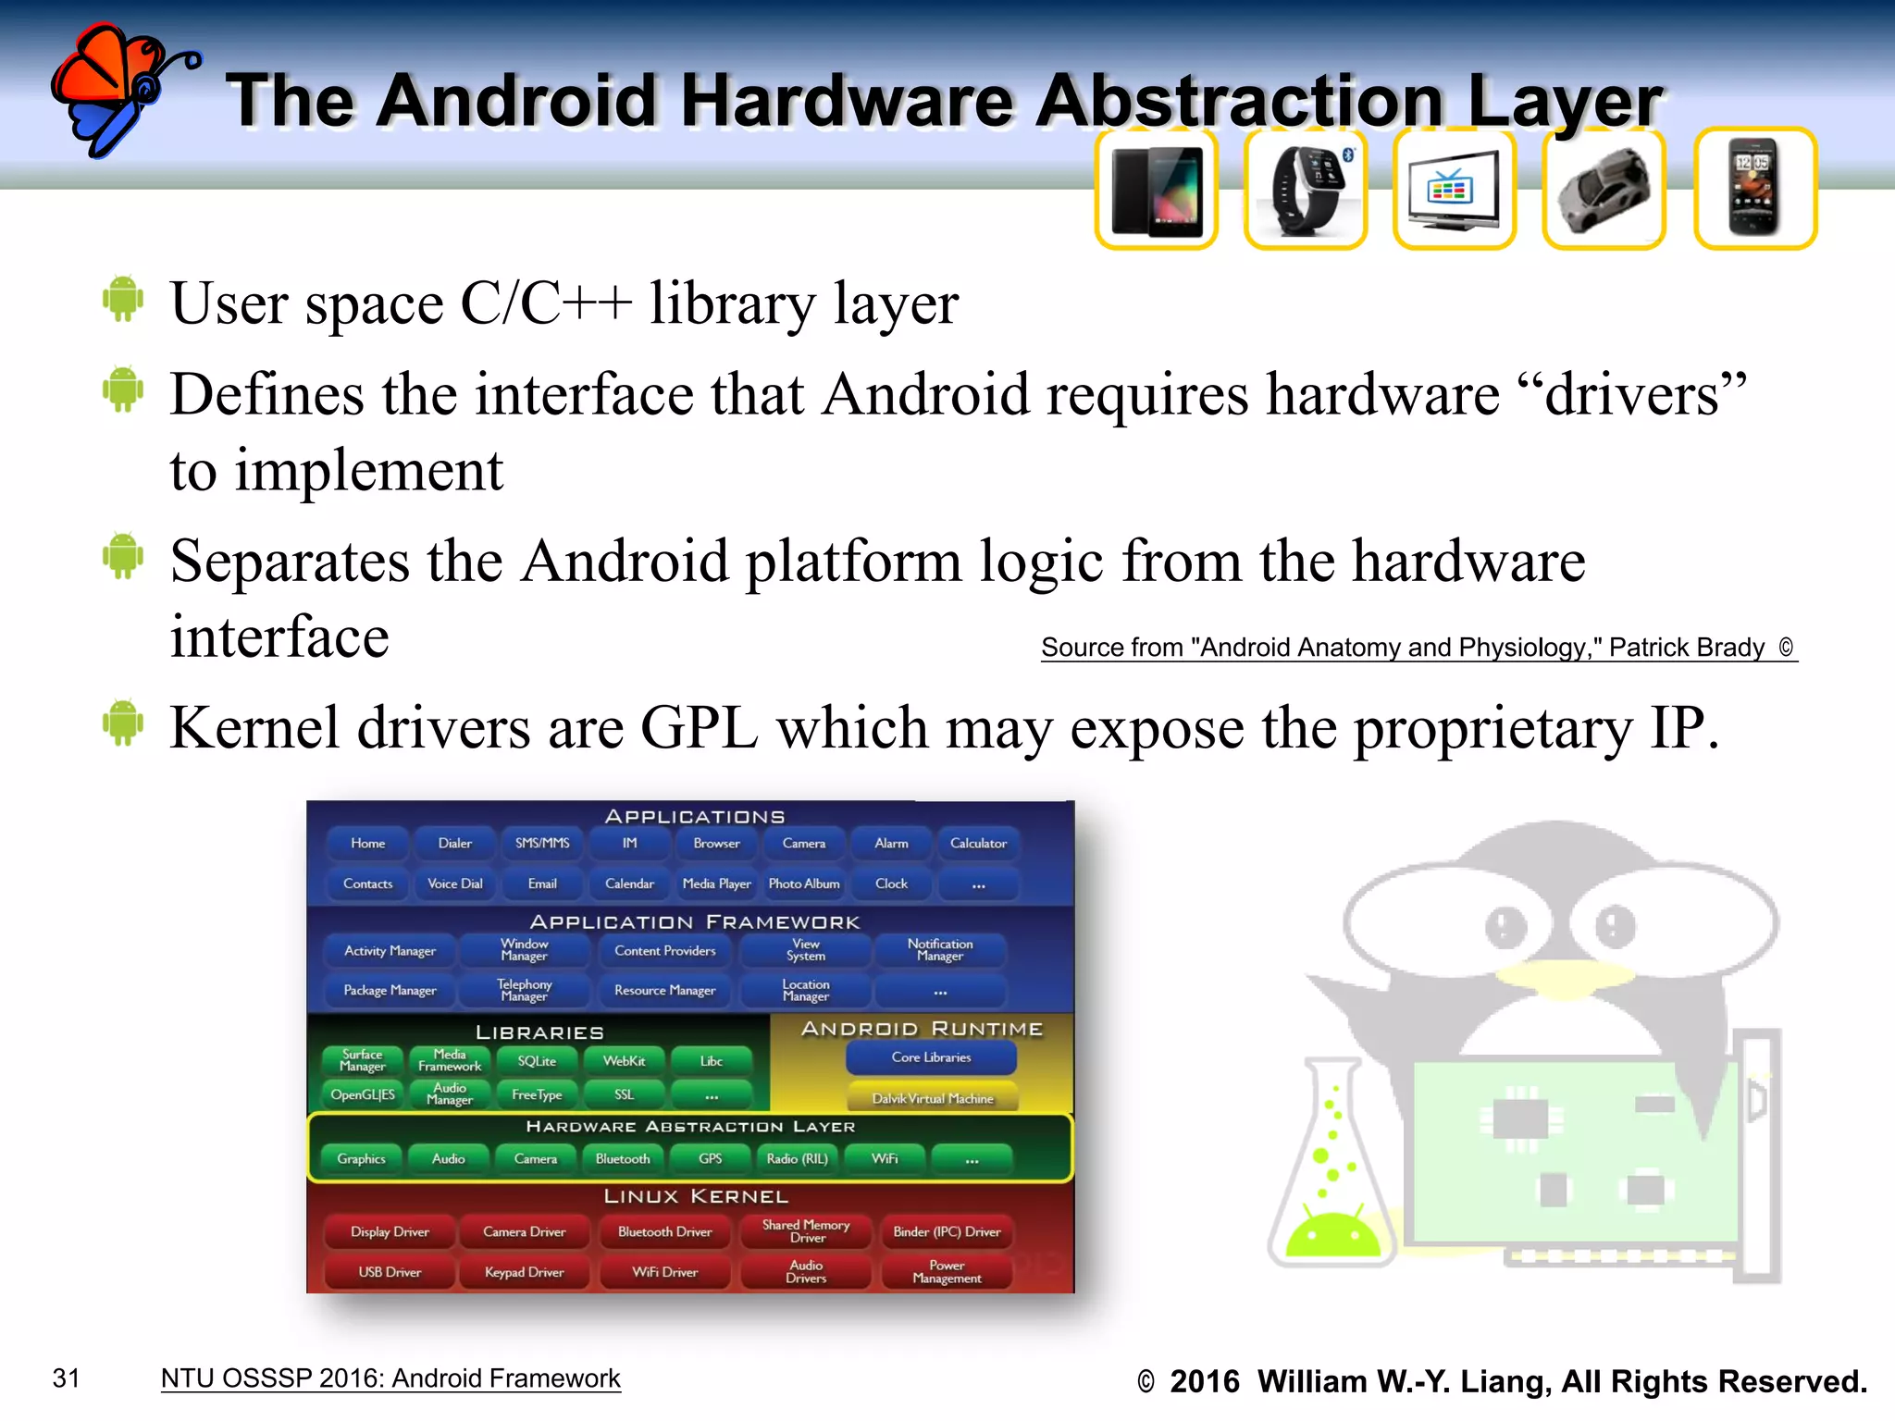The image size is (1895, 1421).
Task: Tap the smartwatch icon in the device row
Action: [x=1306, y=189]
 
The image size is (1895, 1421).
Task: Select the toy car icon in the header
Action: [x=1604, y=189]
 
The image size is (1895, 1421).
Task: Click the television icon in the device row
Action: [x=1454, y=189]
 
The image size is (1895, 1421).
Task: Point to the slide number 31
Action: [x=67, y=1378]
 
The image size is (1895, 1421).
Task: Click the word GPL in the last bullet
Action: [x=699, y=728]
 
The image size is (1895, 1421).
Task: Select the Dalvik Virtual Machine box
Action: [x=932, y=1098]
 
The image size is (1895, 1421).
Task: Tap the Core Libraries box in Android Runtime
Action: [x=931, y=1057]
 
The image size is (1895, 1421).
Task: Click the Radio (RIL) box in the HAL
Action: [x=797, y=1158]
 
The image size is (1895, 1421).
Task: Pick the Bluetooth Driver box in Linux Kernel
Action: [x=664, y=1231]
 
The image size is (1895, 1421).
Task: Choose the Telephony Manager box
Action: [x=524, y=990]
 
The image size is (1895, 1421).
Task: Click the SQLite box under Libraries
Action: [x=537, y=1061]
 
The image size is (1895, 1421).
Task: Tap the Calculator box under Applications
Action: [x=978, y=843]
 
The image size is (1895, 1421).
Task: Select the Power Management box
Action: [x=947, y=1272]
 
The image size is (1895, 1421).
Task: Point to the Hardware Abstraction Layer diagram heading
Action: [x=690, y=1127]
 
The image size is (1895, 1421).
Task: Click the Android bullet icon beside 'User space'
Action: [x=123, y=299]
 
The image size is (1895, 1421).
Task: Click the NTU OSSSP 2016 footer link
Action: [x=390, y=1378]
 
